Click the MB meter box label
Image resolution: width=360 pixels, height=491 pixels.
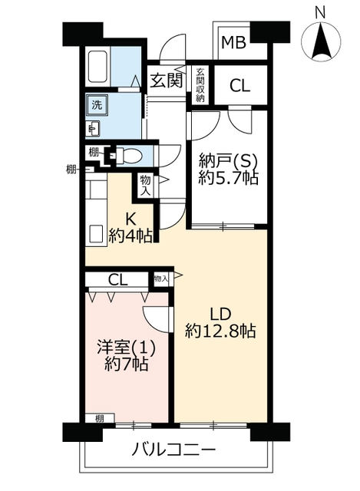[233, 43]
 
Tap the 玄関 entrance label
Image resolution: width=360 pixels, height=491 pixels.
[166, 81]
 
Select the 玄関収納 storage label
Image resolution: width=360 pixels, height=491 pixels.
[200, 85]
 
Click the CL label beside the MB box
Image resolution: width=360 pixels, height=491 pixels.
[239, 85]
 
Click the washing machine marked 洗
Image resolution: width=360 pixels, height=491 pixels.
[97, 104]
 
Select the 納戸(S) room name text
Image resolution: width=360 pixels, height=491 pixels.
[228, 162]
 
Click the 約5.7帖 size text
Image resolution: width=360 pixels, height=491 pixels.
[228, 178]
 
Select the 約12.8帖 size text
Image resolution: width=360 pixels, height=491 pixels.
[220, 331]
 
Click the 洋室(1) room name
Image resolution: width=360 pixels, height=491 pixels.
[126, 348]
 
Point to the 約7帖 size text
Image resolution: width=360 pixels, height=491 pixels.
[126, 364]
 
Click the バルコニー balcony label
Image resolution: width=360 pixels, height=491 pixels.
[173, 450]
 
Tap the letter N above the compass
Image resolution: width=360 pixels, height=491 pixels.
[320, 14]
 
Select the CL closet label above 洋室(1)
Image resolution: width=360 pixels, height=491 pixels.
[117, 279]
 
